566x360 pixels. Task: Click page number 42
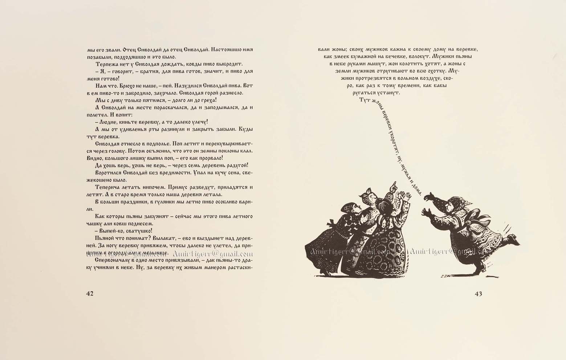pos(90,294)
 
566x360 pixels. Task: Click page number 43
pos(478,294)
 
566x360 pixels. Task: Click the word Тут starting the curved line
pos(363,101)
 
